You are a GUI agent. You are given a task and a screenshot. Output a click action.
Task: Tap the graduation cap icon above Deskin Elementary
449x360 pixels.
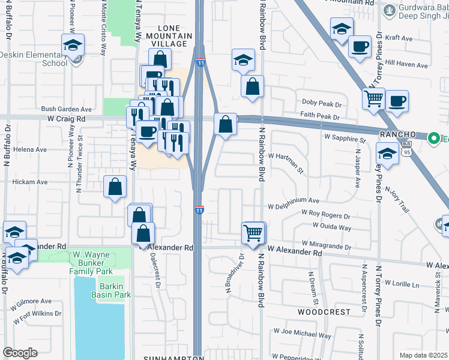point(73,45)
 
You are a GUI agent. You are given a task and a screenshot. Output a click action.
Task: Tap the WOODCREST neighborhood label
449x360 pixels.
point(324,312)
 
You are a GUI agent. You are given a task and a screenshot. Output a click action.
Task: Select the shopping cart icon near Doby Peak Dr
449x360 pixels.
point(374,98)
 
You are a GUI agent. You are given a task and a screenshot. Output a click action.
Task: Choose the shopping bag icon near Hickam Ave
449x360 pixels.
point(115,186)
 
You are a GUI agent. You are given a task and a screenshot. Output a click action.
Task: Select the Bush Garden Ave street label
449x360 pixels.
point(66,110)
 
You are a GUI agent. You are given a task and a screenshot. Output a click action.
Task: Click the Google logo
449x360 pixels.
point(20,353)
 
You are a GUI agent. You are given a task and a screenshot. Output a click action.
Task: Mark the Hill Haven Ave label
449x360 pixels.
point(406,64)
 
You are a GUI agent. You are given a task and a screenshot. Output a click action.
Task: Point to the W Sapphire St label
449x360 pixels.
point(345,139)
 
